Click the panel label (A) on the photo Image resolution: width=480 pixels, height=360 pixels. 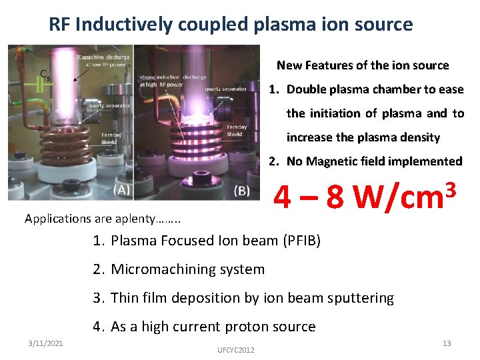(x=121, y=189)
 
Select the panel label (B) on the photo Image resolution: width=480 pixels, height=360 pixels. (x=243, y=190)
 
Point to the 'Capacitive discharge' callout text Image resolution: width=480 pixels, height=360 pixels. (x=104, y=61)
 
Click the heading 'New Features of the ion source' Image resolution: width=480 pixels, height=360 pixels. (x=363, y=65)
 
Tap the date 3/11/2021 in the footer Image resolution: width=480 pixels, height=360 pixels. (x=47, y=343)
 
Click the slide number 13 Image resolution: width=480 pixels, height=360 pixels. (x=447, y=343)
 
